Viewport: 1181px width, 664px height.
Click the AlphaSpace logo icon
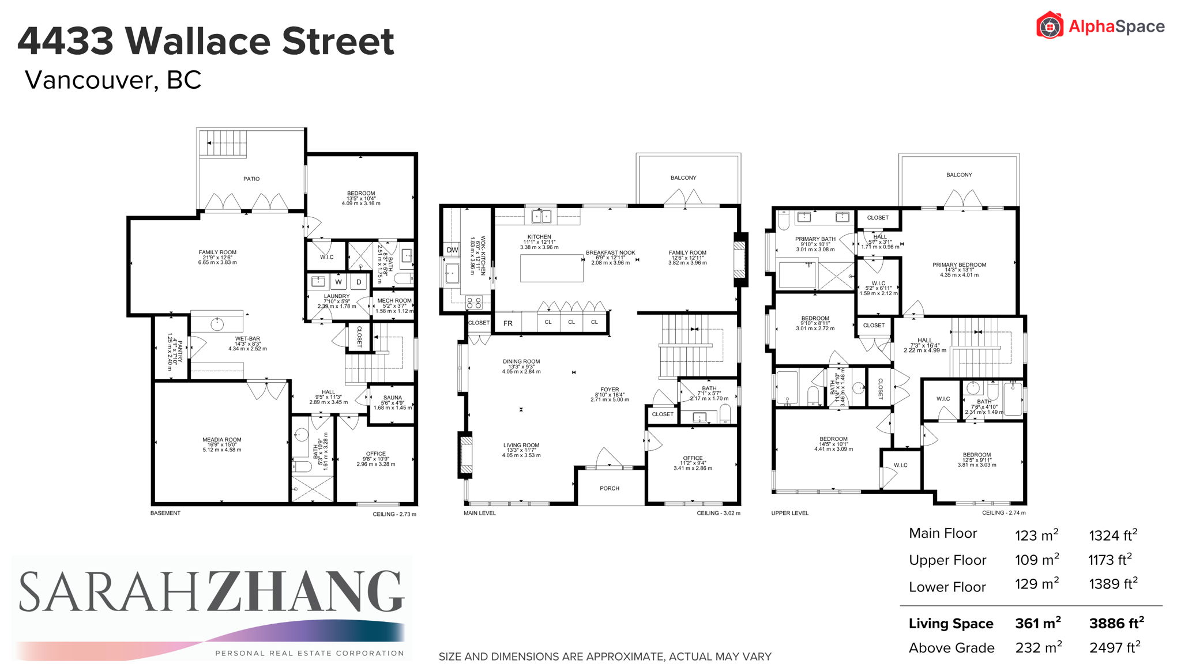pos(1050,26)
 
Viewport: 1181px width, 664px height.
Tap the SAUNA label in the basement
pos(393,398)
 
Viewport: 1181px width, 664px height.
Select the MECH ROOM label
pos(394,301)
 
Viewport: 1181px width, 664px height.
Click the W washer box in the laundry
pos(338,282)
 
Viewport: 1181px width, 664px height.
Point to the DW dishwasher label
pos(452,250)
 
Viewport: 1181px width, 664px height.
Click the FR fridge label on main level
pos(507,323)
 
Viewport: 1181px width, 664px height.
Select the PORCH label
pos(610,488)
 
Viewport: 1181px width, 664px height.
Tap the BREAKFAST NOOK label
pos(610,252)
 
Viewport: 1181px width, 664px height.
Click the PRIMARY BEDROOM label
pos(959,265)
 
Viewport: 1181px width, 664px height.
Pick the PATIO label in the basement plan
pos(251,179)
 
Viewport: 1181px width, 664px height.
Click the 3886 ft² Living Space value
pos(1116,623)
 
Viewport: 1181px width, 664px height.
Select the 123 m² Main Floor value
pos(1036,535)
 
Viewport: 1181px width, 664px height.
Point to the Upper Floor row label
pos(947,560)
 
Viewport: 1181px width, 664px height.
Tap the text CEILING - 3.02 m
pos(718,513)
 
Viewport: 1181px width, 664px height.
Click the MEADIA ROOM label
pos(222,440)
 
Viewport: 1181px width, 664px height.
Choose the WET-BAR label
pos(247,339)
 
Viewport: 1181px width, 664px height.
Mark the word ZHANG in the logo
pos(305,591)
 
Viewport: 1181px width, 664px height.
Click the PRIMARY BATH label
pos(815,239)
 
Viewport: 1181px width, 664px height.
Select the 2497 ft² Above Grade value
pos(1114,648)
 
